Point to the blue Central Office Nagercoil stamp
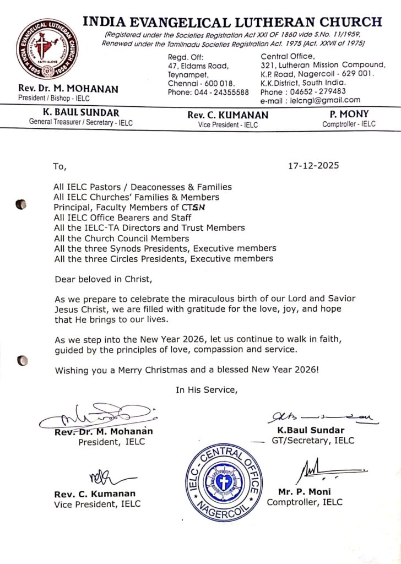pos(223,482)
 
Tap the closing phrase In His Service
pos(207,390)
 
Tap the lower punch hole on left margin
pos(22,361)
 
